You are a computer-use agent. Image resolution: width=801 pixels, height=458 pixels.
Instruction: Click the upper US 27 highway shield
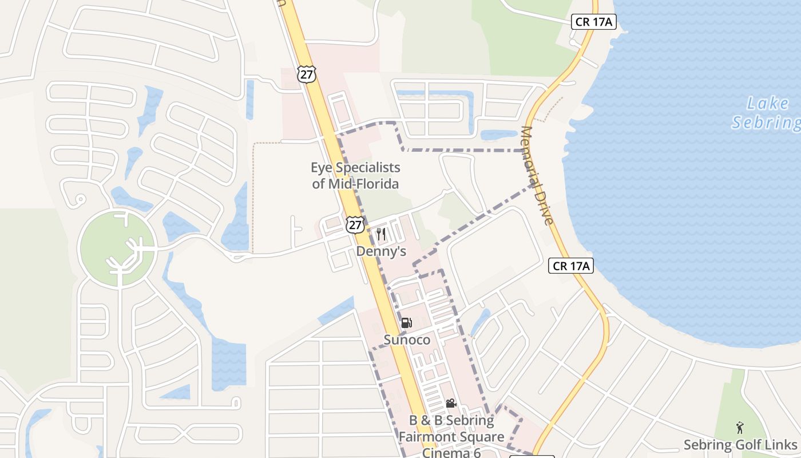(x=307, y=74)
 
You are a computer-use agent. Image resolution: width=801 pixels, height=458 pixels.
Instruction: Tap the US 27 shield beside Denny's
(x=355, y=224)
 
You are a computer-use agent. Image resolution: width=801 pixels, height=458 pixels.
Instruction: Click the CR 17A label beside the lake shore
(x=570, y=266)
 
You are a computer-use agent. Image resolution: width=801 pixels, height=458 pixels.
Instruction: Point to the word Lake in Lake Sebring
(x=768, y=104)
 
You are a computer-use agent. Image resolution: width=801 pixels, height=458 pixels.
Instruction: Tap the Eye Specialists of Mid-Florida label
(x=355, y=176)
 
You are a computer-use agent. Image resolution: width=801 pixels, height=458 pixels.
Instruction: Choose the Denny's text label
(x=381, y=251)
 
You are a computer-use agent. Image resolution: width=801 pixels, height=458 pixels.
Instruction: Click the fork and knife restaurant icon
(x=381, y=234)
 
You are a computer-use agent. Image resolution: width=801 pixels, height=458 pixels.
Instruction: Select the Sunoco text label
(x=407, y=339)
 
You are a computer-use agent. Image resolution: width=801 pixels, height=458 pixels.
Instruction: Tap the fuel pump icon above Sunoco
(x=406, y=323)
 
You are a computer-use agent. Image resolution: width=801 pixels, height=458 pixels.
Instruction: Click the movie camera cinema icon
(x=451, y=404)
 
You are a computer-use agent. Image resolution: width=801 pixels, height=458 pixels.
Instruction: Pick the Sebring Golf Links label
(x=740, y=445)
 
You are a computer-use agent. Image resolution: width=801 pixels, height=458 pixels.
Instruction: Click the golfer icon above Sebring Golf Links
(x=740, y=427)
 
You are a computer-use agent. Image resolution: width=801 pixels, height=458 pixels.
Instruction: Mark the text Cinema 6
(x=451, y=452)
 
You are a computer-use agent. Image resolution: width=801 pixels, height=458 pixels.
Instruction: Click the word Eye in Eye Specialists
(x=321, y=168)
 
